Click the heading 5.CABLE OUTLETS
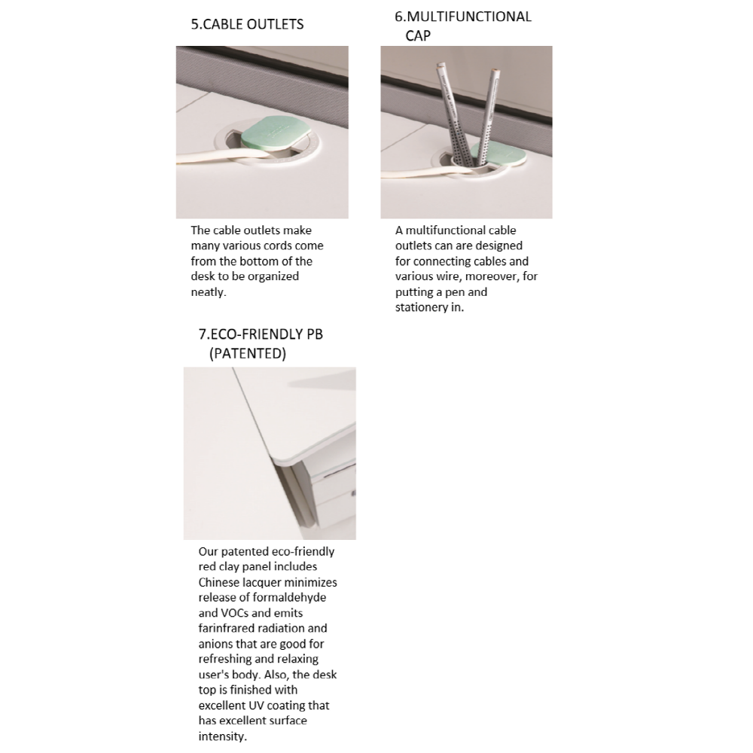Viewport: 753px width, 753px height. click(x=247, y=24)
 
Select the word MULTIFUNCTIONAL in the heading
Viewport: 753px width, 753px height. click(x=468, y=17)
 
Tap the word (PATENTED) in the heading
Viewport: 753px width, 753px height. click(x=248, y=353)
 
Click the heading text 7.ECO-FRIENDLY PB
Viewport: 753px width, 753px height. click(x=261, y=334)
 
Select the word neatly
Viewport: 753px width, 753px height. click(x=208, y=292)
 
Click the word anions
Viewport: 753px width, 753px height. click(x=216, y=644)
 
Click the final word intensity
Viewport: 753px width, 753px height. click(x=222, y=736)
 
